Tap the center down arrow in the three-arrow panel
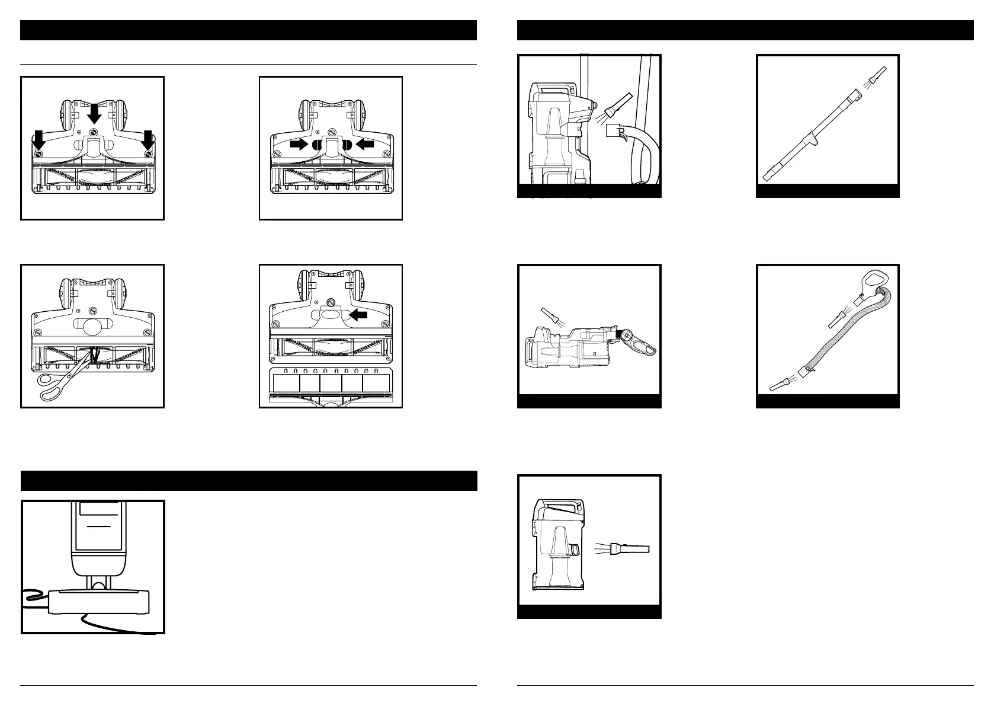pyautogui.click(x=94, y=112)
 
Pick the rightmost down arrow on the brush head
pyautogui.click(x=148, y=140)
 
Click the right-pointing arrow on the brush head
pyautogui.click(x=299, y=144)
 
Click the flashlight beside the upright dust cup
pyautogui.click(x=630, y=549)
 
